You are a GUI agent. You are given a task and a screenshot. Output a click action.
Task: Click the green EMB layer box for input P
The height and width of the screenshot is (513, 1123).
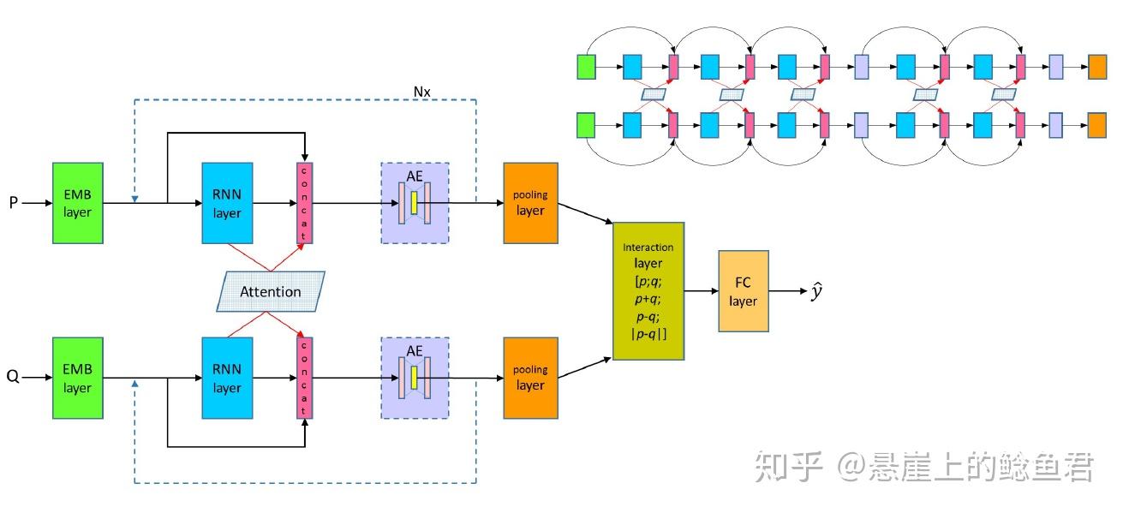pos(77,203)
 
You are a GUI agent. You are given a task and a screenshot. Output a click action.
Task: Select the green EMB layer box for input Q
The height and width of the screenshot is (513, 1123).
pos(77,378)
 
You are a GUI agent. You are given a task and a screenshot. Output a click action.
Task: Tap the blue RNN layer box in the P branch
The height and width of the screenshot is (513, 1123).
pos(227,203)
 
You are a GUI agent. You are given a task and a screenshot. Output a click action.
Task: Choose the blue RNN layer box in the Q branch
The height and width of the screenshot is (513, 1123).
pos(227,378)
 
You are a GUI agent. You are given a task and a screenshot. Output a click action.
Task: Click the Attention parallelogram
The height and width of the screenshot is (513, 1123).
pos(270,291)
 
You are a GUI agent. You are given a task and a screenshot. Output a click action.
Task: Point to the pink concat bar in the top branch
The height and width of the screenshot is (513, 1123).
pos(303,203)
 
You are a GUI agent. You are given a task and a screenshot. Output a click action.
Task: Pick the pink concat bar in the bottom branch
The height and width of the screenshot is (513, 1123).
pos(303,378)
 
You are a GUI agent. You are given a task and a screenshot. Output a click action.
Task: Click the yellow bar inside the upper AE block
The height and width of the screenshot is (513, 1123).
pos(415,203)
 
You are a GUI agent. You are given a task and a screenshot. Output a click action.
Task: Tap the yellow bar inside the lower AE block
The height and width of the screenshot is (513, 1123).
pos(415,378)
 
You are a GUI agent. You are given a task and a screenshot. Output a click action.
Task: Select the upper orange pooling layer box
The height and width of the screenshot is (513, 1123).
pos(530,203)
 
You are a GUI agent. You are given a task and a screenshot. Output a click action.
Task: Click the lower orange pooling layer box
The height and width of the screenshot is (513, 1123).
pos(530,378)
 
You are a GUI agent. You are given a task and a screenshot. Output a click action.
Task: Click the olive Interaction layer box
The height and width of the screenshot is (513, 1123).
pos(648,291)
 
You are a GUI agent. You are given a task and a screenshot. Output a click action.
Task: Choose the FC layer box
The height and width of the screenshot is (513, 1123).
pos(743,291)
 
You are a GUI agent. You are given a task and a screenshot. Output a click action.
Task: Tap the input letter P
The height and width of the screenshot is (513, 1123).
pos(13,204)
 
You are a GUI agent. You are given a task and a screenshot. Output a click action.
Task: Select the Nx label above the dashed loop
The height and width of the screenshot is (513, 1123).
pos(421,91)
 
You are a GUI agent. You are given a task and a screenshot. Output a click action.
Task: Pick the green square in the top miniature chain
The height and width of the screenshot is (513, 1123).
pos(587,67)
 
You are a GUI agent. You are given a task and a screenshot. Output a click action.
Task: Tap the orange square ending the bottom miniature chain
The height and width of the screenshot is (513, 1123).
pos(1097,125)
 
